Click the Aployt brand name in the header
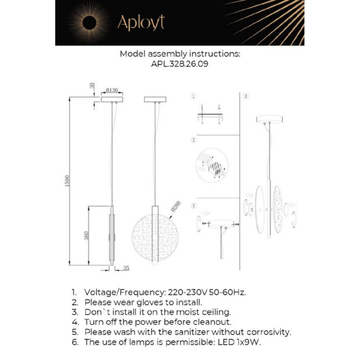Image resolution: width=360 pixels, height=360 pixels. tap(141, 23)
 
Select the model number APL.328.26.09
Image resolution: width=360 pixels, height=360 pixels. tap(179, 64)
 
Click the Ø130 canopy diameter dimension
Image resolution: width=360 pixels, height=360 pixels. tap(112, 89)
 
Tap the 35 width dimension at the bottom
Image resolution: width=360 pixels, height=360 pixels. tap(126, 268)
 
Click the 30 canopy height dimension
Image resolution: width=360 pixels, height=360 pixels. tap(92, 87)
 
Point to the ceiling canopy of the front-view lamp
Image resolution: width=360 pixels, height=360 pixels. tap(155, 100)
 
